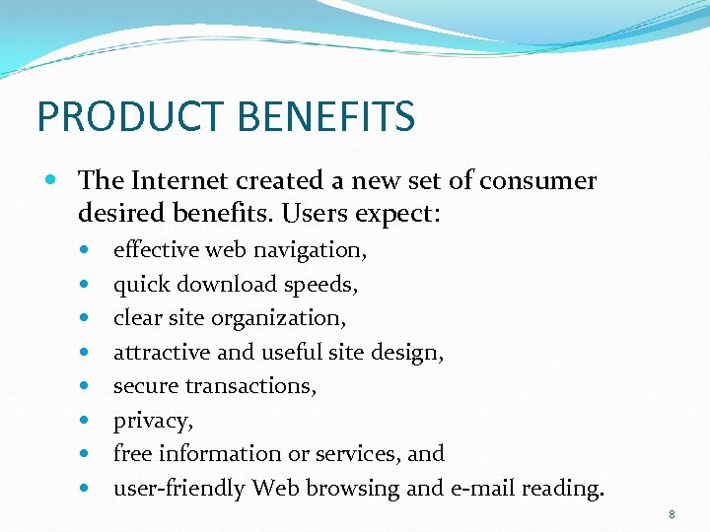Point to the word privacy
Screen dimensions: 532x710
(152, 422)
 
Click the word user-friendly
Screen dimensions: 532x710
(179, 489)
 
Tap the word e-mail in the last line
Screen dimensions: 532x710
(480, 489)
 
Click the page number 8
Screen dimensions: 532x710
(672, 514)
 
